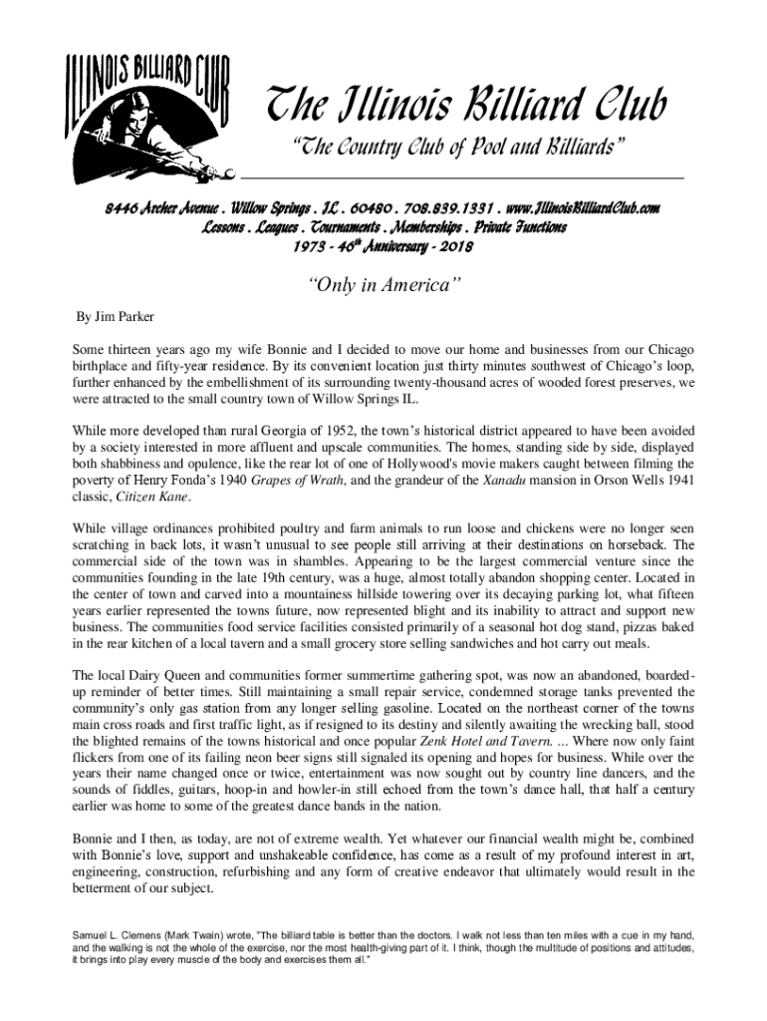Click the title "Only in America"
pyautogui.click(x=383, y=287)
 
